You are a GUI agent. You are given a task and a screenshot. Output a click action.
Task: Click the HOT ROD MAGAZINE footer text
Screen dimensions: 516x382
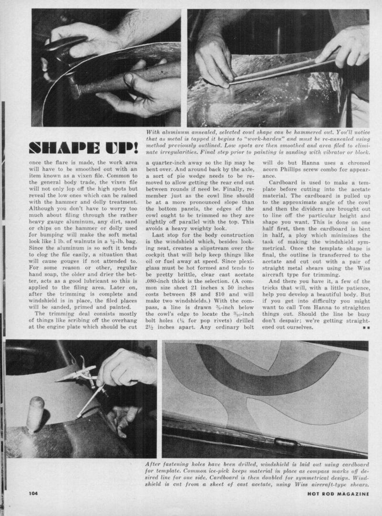[x=338, y=493]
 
